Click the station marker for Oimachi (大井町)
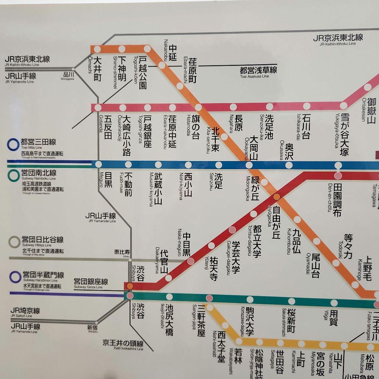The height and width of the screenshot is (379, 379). click(97, 49)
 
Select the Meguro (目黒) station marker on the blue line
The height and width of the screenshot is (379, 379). click(99, 164)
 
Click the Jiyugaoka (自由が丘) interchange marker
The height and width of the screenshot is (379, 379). click(277, 197)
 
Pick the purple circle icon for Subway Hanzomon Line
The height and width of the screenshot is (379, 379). click(15, 277)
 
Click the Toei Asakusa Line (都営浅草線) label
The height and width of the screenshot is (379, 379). click(259, 71)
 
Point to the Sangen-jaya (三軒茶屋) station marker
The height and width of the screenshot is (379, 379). click(209, 298)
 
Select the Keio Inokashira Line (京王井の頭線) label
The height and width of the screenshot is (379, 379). click(123, 343)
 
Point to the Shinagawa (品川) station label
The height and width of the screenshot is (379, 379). click(68, 75)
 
